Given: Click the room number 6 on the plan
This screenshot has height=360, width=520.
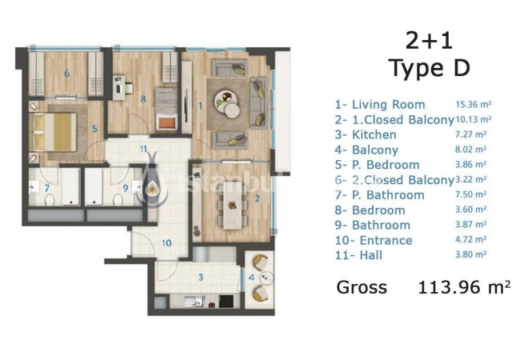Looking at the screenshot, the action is [67, 73].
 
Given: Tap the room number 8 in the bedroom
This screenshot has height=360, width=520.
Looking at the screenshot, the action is [143, 98].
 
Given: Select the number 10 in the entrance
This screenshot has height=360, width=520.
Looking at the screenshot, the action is [166, 243].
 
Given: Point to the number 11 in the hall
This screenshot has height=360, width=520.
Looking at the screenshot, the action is [143, 149].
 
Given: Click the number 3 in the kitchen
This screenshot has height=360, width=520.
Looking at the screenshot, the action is [201, 277].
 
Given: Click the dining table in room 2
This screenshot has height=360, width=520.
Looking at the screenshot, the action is [232, 206].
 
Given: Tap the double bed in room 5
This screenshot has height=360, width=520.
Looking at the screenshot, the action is [53, 132].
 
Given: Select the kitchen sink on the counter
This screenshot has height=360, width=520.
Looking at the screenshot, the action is [194, 301].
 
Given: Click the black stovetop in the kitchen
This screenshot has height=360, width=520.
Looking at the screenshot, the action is [226, 301].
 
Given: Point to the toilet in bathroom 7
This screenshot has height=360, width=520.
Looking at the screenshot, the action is [50, 200].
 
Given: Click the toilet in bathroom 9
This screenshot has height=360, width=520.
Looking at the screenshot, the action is [118, 200].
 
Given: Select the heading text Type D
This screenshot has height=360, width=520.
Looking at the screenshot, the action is [429, 68].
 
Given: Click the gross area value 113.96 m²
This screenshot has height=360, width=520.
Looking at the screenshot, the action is [464, 287].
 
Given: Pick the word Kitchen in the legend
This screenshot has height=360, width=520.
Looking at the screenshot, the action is [374, 134].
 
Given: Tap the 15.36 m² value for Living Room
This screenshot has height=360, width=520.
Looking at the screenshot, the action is [474, 105].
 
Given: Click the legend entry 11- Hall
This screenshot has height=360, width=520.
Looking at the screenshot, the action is [359, 255].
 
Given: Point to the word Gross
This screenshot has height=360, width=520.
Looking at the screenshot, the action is [362, 287].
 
